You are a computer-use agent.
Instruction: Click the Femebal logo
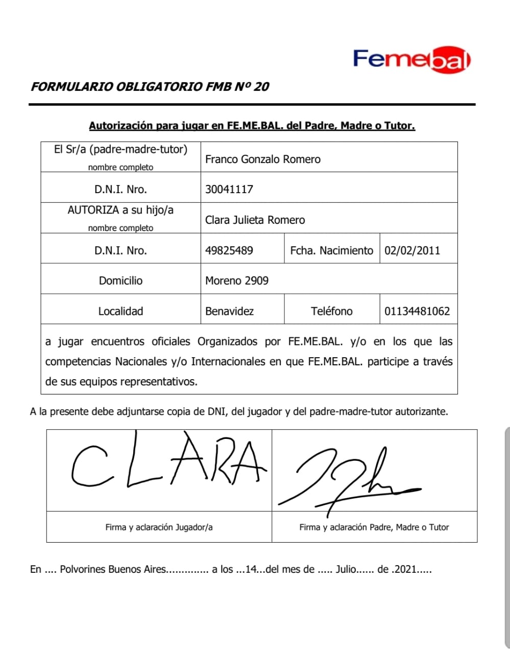(x=411, y=60)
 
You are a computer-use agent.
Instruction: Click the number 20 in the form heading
(x=261, y=86)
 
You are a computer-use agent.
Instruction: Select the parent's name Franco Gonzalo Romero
(x=262, y=159)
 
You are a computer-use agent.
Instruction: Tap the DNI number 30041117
(x=229, y=189)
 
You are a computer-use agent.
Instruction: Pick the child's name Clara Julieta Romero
(x=255, y=220)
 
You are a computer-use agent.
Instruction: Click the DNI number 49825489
(x=229, y=250)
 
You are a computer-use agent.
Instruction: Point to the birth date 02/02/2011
(x=412, y=250)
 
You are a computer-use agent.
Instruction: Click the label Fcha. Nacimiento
(x=331, y=250)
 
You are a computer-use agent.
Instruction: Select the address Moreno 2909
(x=236, y=281)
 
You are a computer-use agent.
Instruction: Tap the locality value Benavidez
(x=229, y=311)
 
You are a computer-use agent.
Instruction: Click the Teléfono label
(x=331, y=311)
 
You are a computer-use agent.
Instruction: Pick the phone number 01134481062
(x=417, y=311)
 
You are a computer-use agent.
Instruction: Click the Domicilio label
(x=120, y=281)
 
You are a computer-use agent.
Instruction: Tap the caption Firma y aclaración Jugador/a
(x=159, y=527)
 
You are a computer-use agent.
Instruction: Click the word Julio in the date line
(x=345, y=569)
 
